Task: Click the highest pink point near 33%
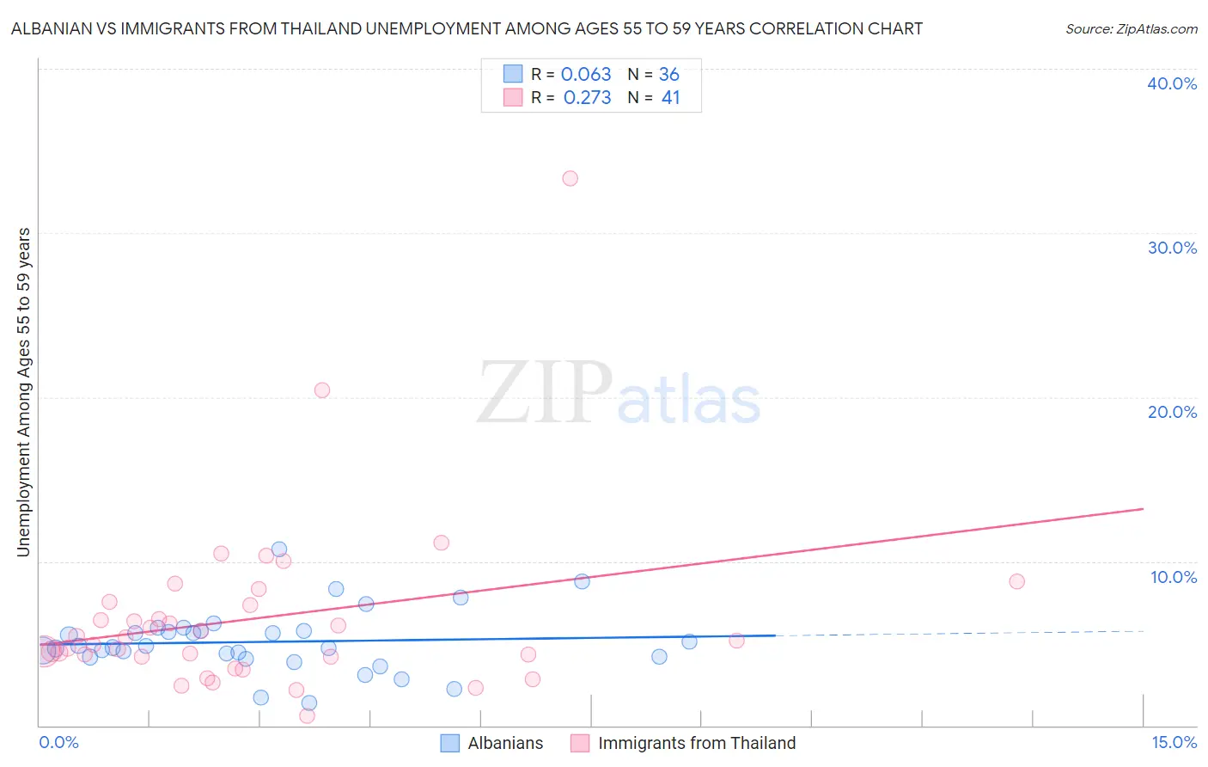(x=570, y=179)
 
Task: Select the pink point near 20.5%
(x=322, y=390)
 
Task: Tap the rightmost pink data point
(x=1016, y=581)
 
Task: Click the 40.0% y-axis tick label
(x=1172, y=83)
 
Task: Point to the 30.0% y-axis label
(x=1172, y=248)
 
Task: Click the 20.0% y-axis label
(x=1172, y=412)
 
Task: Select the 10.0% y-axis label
(x=1173, y=577)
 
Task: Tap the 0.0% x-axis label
(x=58, y=743)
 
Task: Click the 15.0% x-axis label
(x=1174, y=743)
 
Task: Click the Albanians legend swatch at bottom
(x=450, y=744)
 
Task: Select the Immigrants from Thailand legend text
(x=697, y=744)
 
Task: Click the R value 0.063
(x=586, y=75)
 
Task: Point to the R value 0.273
(x=587, y=98)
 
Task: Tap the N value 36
(x=669, y=75)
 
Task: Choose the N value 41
(x=670, y=98)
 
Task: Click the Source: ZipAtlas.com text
(x=1131, y=29)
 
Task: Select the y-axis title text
(x=23, y=392)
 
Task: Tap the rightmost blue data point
(x=689, y=641)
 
